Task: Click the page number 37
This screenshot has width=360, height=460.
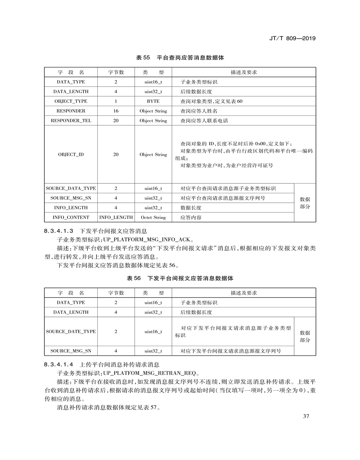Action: (x=306, y=416)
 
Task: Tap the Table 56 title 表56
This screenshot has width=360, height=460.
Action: (x=134, y=278)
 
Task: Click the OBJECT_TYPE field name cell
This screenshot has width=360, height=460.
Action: (x=71, y=101)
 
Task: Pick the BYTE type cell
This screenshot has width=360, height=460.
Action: (x=153, y=101)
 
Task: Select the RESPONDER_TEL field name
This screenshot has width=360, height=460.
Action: (x=71, y=120)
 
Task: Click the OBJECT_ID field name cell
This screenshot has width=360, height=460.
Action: (x=71, y=154)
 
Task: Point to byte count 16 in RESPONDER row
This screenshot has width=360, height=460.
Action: (x=116, y=111)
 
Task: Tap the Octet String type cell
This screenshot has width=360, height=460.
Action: (x=153, y=217)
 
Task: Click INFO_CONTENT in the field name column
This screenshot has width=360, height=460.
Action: (x=71, y=217)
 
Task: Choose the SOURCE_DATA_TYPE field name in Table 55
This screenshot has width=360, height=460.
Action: (x=71, y=189)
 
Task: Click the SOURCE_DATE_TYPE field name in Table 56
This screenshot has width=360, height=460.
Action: (x=71, y=332)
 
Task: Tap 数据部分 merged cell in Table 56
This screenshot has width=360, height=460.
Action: (x=305, y=336)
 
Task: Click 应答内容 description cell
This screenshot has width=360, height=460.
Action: (x=191, y=217)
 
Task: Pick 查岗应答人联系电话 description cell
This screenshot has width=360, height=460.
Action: (x=205, y=120)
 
